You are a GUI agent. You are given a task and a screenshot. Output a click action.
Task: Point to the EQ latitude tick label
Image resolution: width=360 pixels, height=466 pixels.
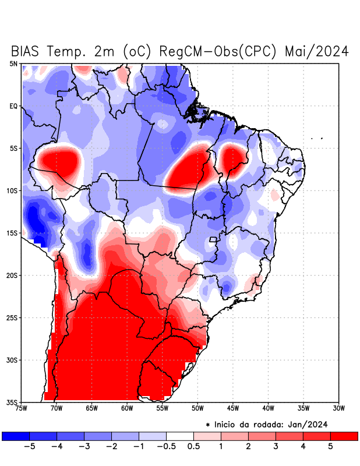click(x=13, y=106)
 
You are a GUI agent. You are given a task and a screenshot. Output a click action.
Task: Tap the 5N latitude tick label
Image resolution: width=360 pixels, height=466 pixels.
click(x=13, y=63)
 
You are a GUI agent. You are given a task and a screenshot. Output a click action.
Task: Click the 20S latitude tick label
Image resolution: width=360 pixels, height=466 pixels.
click(x=12, y=275)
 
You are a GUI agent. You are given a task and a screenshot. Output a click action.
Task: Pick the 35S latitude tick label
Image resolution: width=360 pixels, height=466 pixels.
click(x=12, y=402)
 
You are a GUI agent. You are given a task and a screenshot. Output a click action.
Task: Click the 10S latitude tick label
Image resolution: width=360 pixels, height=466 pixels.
click(x=12, y=190)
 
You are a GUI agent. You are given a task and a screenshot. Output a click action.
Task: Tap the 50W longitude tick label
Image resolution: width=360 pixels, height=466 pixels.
click(x=197, y=408)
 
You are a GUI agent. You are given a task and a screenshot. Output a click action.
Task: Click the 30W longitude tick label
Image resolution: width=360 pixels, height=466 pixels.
click(x=339, y=408)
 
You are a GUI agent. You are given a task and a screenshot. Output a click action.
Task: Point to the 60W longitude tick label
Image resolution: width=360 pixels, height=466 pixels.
click(x=126, y=408)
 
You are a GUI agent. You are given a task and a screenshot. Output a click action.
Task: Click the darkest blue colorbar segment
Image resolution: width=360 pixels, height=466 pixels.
click(x=16, y=436)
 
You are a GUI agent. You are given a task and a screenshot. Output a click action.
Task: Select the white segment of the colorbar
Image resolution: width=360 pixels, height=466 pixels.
click(x=180, y=436)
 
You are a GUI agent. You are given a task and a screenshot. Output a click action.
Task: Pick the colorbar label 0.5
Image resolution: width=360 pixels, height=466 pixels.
click(x=193, y=447)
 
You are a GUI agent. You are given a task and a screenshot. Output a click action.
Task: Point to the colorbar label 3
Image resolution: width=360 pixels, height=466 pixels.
click(x=276, y=447)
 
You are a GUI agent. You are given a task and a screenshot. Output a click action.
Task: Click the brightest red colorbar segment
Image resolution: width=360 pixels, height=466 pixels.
click(x=344, y=436)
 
